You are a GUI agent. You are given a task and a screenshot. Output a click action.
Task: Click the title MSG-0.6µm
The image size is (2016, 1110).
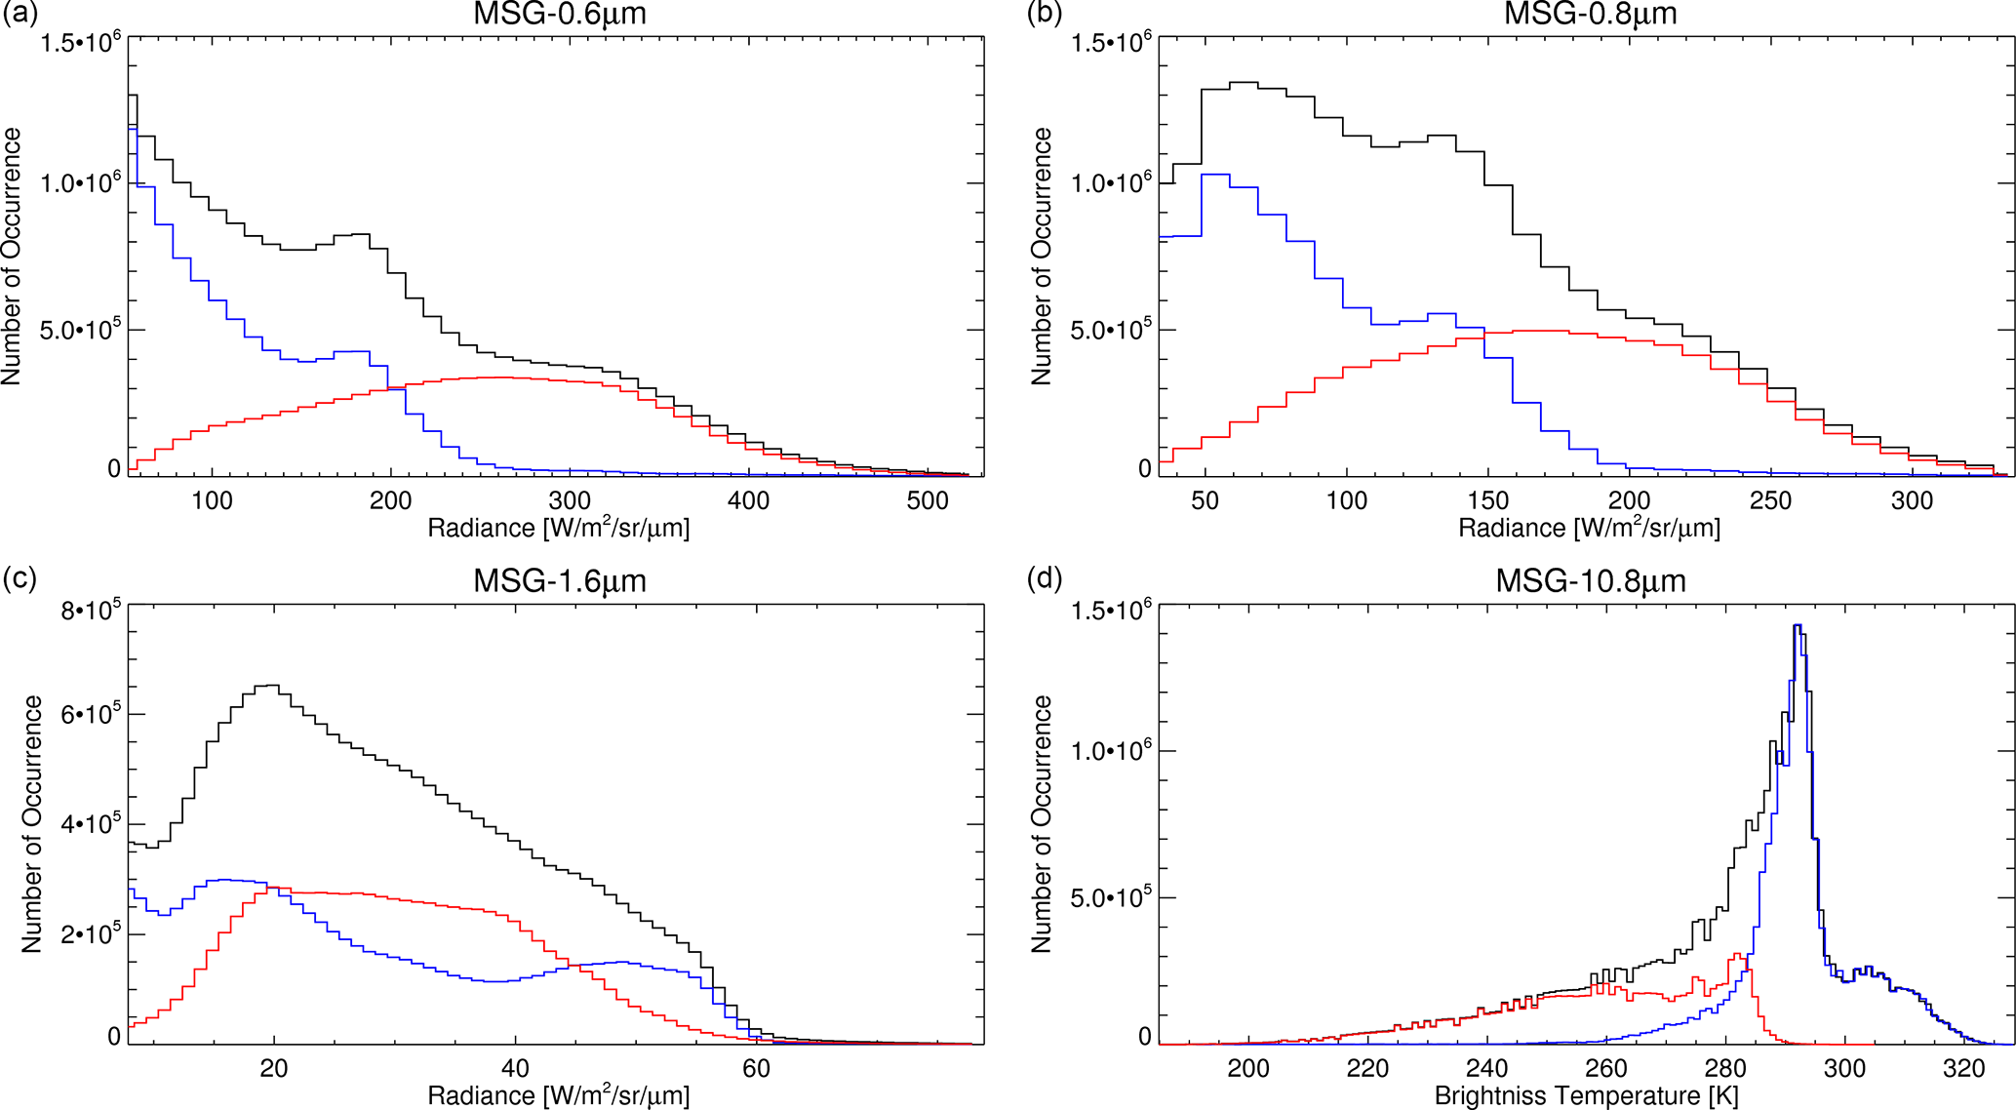coord(559,14)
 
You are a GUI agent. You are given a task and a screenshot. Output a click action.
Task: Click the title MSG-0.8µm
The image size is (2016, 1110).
coord(1590,14)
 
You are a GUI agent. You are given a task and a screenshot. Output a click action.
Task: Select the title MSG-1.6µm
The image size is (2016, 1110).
coord(559,581)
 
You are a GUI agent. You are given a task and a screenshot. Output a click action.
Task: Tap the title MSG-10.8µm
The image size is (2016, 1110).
coord(1590,581)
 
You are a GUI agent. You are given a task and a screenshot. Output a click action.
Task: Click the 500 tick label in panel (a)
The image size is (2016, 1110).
coord(928,501)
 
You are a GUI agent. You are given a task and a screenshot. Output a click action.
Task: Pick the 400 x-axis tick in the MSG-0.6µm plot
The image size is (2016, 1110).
coord(749,501)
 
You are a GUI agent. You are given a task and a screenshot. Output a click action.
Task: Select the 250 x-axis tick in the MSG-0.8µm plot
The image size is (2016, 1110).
coord(1770,501)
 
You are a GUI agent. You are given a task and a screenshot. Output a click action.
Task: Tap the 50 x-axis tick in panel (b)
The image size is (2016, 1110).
coord(1206,501)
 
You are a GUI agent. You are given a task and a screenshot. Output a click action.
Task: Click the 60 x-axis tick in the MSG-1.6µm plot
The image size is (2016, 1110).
coord(756,1069)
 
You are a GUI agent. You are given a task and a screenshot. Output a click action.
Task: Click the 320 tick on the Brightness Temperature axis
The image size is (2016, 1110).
coord(1963,1069)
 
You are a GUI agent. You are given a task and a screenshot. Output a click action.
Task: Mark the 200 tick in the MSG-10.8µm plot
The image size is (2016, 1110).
coord(1248,1069)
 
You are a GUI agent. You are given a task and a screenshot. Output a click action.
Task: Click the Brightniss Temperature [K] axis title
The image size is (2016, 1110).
coord(1586,1096)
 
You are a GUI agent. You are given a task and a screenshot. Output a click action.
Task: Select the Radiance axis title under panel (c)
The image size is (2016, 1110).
coord(558,1096)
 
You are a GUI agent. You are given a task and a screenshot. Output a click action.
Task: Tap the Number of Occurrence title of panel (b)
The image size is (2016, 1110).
coord(1042,256)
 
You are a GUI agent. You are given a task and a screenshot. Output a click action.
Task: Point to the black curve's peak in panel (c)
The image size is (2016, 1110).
coord(268,686)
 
